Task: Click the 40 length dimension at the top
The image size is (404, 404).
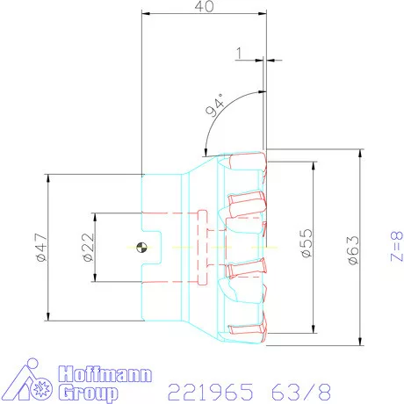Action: point(205,7)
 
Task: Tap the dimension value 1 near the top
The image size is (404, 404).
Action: point(239,53)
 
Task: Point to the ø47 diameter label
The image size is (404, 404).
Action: point(39,250)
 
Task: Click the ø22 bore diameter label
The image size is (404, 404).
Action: point(88,249)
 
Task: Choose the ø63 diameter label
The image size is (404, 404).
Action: point(351,249)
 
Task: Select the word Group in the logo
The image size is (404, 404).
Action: point(87,391)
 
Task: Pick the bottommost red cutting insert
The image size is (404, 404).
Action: point(248,332)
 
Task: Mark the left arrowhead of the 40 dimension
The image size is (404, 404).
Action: point(145,14)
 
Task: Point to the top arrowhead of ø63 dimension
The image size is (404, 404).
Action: point(359,153)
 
